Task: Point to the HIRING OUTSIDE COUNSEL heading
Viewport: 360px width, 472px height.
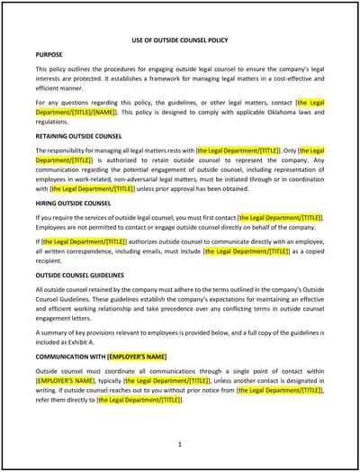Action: click(x=75, y=202)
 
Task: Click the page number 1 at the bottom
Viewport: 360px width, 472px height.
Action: click(x=180, y=444)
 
